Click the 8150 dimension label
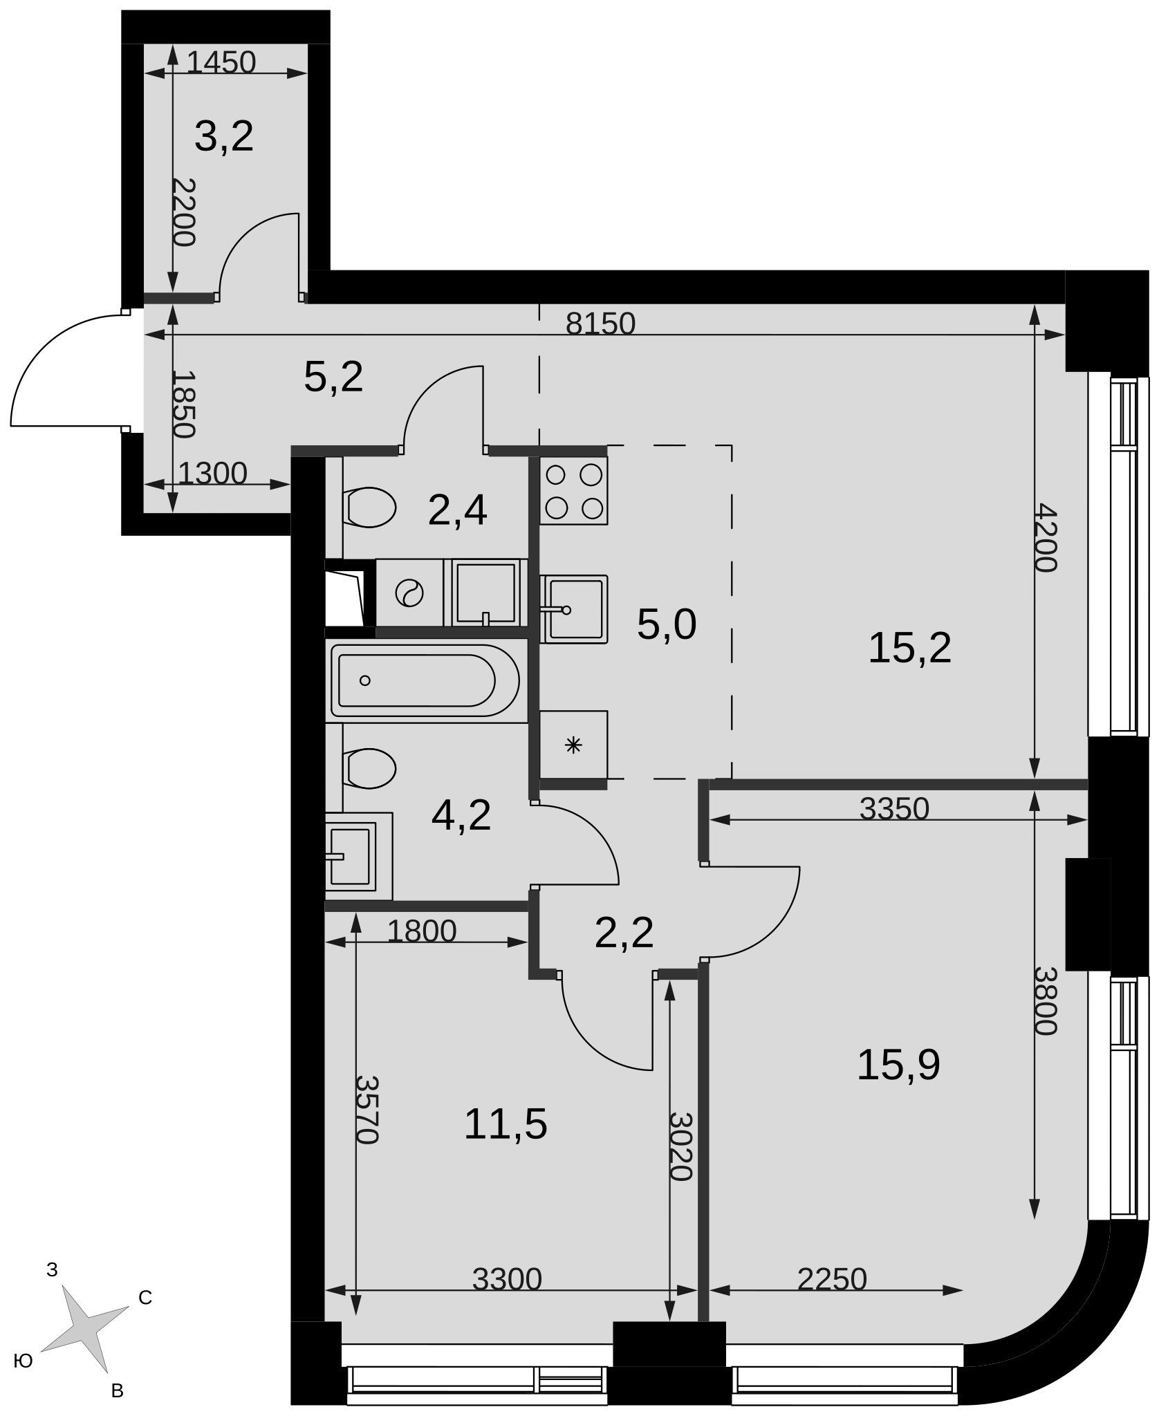coord(600,324)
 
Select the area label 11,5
coord(506,1124)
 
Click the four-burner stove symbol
coord(573,490)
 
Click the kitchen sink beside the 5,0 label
coord(573,609)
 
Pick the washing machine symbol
coord(409,593)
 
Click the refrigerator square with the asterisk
coord(573,745)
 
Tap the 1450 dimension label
coord(221,63)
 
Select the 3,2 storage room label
coord(224,136)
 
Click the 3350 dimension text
coord(894,808)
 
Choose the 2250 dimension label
coord(832,1279)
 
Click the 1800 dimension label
coord(422,931)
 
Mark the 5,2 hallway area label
coord(333,377)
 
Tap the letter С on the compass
coord(145,1298)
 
